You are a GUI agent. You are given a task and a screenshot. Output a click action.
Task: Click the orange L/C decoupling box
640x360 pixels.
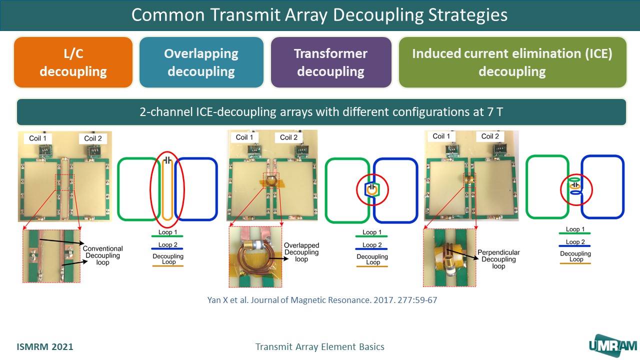(73, 62)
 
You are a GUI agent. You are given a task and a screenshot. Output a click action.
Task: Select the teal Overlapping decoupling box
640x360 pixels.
(201, 62)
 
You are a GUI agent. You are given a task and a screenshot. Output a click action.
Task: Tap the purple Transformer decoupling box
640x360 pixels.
(330, 62)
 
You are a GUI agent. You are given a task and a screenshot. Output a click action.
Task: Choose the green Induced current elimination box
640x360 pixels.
(512, 62)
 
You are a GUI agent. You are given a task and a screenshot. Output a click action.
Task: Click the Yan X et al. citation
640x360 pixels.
(322, 300)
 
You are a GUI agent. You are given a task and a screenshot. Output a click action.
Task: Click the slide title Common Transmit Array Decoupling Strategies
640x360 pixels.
(319, 15)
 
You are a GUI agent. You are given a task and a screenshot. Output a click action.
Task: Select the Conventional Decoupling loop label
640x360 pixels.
(102, 255)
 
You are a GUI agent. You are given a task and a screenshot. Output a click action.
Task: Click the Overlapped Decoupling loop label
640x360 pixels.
(301, 252)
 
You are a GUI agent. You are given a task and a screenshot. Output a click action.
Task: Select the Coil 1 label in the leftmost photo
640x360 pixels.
(37, 138)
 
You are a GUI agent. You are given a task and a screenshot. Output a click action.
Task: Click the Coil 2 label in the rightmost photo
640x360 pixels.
(490, 136)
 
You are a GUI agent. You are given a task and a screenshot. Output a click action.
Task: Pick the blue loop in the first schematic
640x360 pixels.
(196, 188)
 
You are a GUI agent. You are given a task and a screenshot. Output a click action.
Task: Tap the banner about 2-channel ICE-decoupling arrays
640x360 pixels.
(321, 112)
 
